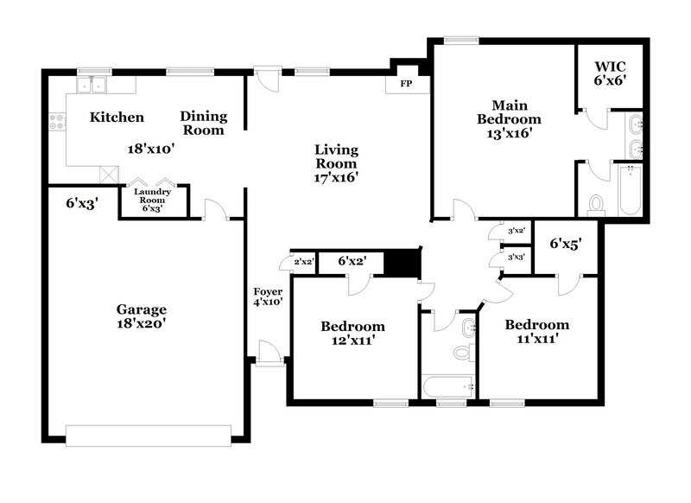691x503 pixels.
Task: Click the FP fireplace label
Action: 403,85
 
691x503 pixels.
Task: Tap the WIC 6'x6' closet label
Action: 610,73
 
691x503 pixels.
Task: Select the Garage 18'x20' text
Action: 141,316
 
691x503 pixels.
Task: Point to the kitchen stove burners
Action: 58,123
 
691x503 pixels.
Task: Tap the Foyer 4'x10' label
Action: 267,296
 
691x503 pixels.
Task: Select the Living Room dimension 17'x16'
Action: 336,176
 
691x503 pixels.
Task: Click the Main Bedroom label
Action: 504,119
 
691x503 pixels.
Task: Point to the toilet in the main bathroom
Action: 595,203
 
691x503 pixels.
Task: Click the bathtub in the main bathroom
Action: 629,189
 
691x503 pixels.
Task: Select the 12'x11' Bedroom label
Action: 352,333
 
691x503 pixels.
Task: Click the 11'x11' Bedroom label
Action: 536,332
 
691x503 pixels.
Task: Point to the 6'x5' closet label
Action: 566,245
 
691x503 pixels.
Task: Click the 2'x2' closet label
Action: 303,261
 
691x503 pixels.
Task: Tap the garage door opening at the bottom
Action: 149,435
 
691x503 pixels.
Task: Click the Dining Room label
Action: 204,123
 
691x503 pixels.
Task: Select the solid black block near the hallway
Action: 400,262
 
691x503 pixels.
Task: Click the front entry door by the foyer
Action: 269,353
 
